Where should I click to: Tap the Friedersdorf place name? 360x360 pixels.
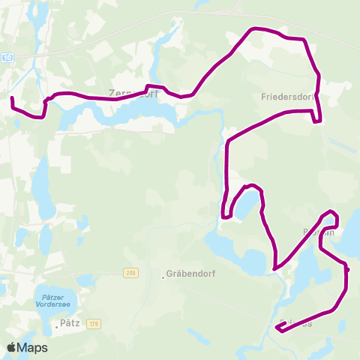286,97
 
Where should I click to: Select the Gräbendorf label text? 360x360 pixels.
192,274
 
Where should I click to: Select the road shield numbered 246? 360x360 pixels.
132,272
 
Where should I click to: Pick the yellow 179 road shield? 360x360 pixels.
93,323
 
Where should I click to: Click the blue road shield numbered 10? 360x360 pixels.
7,58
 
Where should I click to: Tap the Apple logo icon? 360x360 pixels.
12,348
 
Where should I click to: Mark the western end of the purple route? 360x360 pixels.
11,98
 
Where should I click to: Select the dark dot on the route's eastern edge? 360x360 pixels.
346,268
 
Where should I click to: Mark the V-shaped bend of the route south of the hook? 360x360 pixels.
275,268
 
